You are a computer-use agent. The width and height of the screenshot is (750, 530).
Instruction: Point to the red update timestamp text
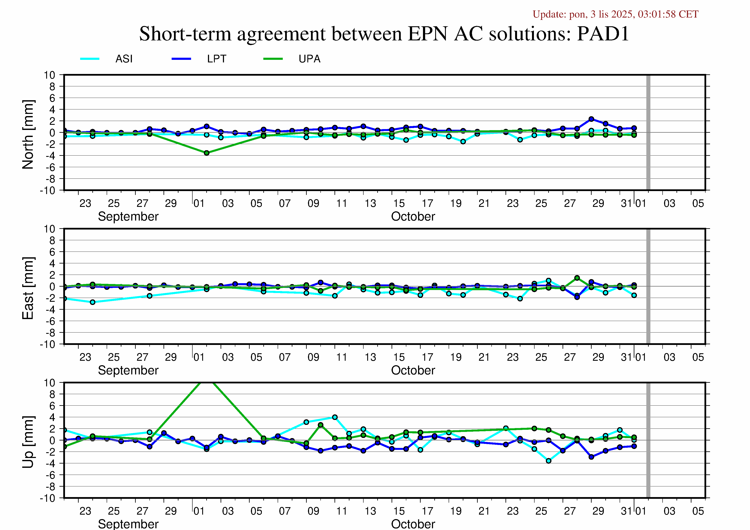[x=615, y=14]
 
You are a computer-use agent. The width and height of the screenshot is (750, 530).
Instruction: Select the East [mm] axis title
[x=28, y=288]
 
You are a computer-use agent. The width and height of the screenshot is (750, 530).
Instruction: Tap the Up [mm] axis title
[x=28, y=442]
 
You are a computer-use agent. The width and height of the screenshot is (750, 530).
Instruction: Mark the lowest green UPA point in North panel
[x=207, y=153]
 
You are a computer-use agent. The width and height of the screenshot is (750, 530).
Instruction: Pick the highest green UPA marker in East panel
[x=577, y=278]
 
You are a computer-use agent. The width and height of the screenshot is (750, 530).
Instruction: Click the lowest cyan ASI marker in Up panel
[x=549, y=461]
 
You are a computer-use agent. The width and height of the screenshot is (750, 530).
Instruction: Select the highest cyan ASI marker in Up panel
[x=335, y=417]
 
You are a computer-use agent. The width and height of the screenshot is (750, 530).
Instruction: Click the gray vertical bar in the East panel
[x=648, y=286]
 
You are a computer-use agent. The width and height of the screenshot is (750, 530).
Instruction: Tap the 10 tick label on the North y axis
[x=50, y=75]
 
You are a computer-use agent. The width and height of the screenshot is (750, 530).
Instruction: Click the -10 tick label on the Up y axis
[x=48, y=498]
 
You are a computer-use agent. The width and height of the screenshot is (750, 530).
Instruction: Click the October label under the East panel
[x=413, y=370]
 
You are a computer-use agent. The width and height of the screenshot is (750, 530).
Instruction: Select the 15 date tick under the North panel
[x=399, y=203]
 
